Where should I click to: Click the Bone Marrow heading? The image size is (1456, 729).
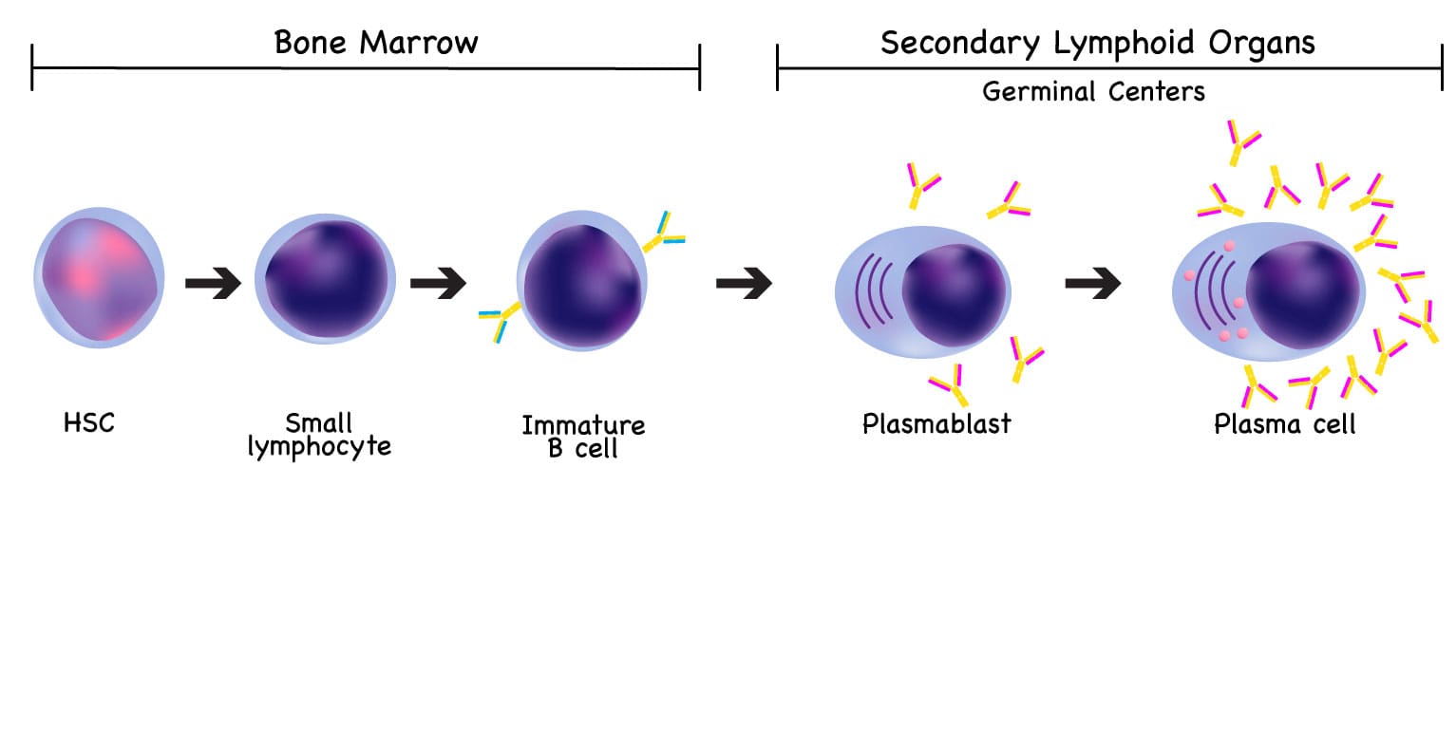click(375, 43)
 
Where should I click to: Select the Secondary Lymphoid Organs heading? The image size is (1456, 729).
click(1097, 43)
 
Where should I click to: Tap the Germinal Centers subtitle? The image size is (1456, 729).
click(1093, 91)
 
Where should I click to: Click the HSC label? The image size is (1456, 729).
click(89, 422)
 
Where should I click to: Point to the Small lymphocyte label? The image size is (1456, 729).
click(319, 435)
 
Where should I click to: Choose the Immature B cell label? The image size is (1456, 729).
click(583, 437)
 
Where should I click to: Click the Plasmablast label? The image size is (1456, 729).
click(936, 422)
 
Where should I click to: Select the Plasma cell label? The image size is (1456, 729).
click(1285, 423)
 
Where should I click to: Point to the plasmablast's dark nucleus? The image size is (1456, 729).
click(954, 292)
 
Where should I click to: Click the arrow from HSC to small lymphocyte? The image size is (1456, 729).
click(213, 283)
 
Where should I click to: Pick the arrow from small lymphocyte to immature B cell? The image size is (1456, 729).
click(438, 283)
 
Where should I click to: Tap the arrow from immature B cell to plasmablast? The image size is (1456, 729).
click(744, 283)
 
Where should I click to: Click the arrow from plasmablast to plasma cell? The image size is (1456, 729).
click(1092, 283)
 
